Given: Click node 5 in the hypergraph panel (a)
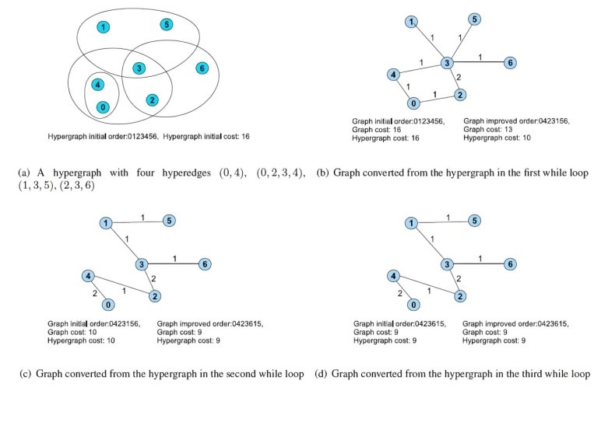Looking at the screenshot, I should (167, 26).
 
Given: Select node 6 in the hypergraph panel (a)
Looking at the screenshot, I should (202, 68).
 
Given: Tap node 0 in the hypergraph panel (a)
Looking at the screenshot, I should (102, 106).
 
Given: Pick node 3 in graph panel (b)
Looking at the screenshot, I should (447, 62).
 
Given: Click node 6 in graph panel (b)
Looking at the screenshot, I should (510, 62).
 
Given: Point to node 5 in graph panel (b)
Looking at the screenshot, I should (474, 19).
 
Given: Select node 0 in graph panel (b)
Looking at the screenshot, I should (414, 102).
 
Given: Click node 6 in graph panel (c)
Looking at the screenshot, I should (204, 264).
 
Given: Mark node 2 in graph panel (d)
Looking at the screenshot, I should (460, 296).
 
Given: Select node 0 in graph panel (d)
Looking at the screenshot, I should (414, 305).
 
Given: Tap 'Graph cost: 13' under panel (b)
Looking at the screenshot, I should (485, 130).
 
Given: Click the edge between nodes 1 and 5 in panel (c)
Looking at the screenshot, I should (136, 222).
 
